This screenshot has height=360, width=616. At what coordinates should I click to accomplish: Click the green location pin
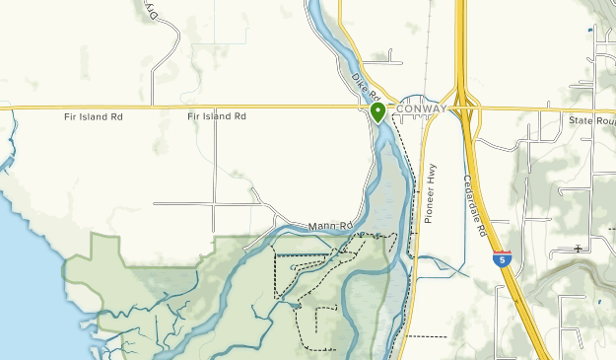click(377, 111)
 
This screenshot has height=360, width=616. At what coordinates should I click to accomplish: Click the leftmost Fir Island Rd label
click(93, 116)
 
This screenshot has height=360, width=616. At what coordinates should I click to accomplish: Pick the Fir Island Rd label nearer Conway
click(216, 116)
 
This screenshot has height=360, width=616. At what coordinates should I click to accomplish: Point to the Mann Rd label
click(330, 227)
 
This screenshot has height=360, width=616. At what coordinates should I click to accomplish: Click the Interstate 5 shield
click(503, 258)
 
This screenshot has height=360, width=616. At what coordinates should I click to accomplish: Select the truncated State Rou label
click(590, 120)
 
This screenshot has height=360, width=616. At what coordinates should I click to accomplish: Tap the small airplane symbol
click(578, 249)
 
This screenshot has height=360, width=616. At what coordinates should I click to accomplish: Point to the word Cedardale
click(473, 197)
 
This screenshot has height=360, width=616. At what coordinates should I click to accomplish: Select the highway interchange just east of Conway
click(464, 108)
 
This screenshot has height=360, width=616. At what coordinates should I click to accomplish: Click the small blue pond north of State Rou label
click(589, 32)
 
